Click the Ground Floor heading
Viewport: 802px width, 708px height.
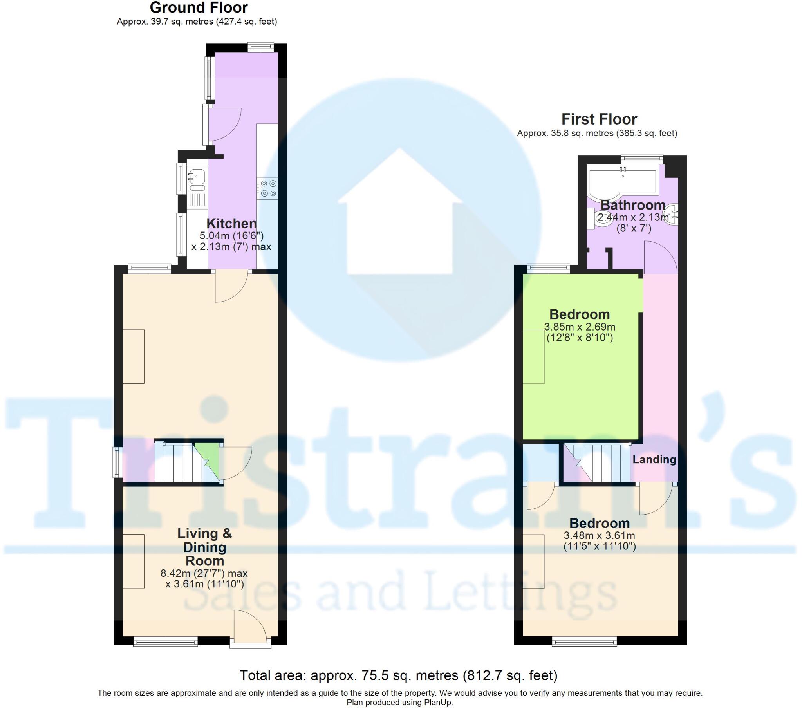pos(199,8)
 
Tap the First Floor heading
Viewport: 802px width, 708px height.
pos(599,119)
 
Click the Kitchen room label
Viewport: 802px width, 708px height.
pos(231,224)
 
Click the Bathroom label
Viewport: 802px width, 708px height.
pos(632,205)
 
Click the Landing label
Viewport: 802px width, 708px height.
pos(654,460)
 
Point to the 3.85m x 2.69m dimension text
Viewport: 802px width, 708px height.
pos(580,327)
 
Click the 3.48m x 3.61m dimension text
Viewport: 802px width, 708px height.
pos(599,535)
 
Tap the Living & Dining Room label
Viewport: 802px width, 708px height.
pos(204,547)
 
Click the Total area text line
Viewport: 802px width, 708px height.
pos(398,675)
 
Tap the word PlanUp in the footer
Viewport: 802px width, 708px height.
pos(438,703)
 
